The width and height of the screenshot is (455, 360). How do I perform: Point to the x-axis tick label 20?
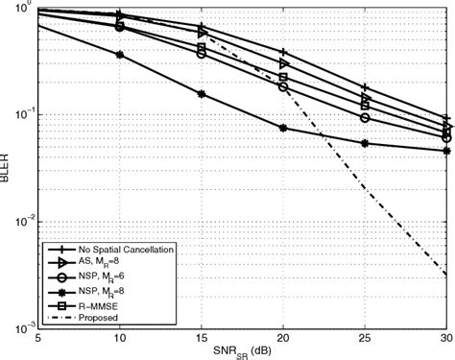click(282, 339)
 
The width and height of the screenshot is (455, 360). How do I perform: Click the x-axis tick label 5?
click(36, 339)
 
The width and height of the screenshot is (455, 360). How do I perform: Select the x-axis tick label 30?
click(446, 339)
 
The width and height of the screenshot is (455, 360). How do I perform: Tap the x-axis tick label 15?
click(201, 339)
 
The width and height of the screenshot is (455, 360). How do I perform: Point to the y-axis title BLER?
click(8, 168)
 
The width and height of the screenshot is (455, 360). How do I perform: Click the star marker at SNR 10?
click(119, 55)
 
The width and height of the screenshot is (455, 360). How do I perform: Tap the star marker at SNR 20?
click(283, 128)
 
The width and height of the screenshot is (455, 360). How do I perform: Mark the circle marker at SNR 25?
click(365, 118)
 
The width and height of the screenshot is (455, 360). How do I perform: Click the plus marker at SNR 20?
click(283, 52)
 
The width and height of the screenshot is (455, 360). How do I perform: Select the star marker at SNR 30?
click(446, 151)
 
